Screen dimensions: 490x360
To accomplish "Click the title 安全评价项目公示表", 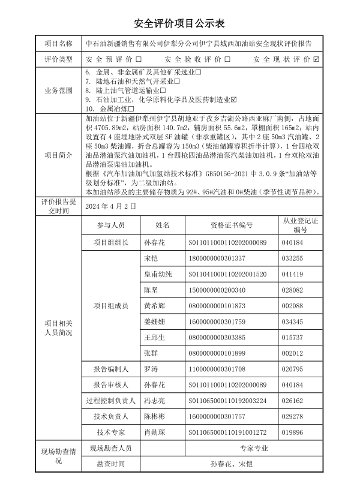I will pos(179,23).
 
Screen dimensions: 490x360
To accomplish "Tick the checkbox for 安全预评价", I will pos(139,60).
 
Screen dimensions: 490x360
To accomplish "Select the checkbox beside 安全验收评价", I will pos(227,60).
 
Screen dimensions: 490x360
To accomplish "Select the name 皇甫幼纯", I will pos(158,274).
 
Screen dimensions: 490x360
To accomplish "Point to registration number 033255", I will pos(292,258).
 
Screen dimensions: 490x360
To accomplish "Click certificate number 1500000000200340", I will pos(217,290).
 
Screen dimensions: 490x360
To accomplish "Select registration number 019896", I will pos(292,432).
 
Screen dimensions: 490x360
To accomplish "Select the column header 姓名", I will pos(163,225).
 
